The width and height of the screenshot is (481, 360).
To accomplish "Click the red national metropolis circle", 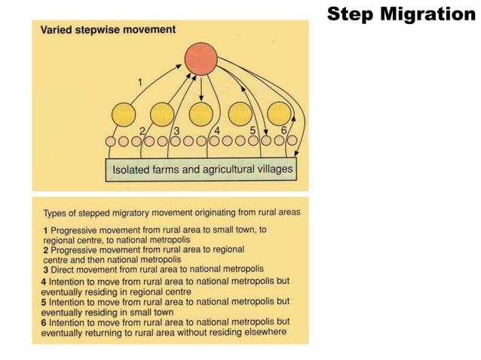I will coord(201,59).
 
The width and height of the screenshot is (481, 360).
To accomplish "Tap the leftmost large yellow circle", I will coord(124,114).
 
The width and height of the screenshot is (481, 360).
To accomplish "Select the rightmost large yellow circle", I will coord(279,113).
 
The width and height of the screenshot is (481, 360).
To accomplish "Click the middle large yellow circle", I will coord(201,114).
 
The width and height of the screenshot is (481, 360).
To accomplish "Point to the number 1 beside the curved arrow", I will coord(139,81).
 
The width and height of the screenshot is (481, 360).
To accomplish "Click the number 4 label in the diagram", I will coord(217,130).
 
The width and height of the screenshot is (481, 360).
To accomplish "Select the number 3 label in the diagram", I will coord(176,130).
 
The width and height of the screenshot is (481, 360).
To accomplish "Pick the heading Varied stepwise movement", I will coord(108,30).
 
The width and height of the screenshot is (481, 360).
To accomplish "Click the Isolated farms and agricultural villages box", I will coord(202,169).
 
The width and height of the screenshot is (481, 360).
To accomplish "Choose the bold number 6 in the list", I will coord(44,320).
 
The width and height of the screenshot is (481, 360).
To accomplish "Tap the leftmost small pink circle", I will coord(111,141).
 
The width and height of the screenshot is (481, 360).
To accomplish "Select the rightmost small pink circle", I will coord(291,141).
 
